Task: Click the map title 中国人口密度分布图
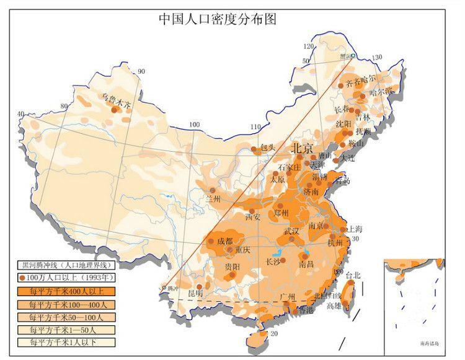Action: click(217, 19)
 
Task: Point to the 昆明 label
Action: click(196, 292)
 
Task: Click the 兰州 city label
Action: click(213, 199)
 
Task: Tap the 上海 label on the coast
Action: click(355, 229)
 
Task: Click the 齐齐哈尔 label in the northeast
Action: click(361, 81)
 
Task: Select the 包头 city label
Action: click(267, 148)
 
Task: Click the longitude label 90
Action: click(141, 72)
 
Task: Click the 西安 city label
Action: click(252, 217)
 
